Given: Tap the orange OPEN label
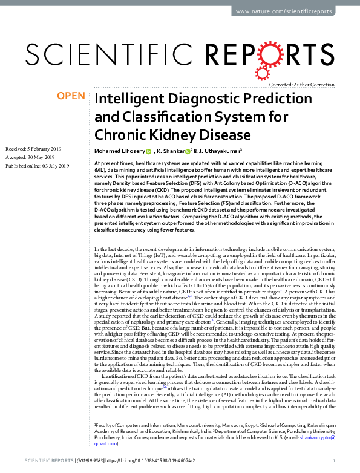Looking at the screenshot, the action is click(x=71, y=96).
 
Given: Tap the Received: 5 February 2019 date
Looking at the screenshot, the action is click(x=38, y=148).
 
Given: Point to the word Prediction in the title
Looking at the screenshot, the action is click(x=267, y=99).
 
